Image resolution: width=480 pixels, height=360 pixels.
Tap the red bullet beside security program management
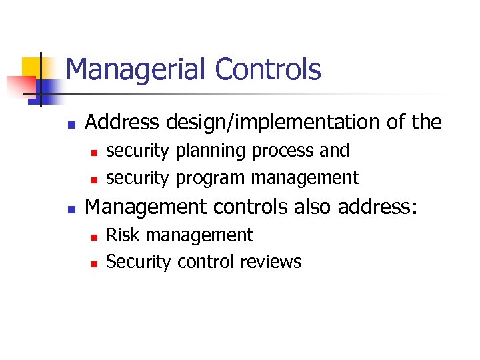[x=95, y=179]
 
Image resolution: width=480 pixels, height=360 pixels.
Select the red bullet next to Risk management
[x=95, y=237]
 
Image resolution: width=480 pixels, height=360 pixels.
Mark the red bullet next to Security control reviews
[x=95, y=263]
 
